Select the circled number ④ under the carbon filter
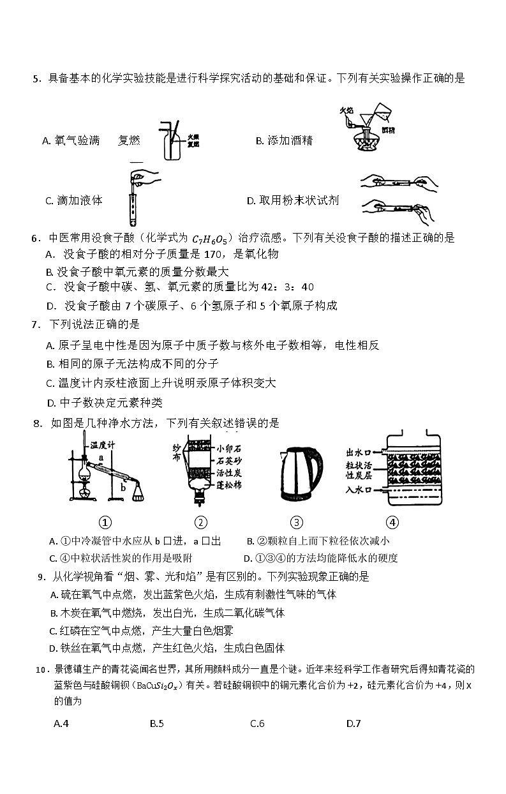click(392, 522)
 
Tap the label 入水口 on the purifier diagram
click(359, 490)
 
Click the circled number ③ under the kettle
click(297, 522)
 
